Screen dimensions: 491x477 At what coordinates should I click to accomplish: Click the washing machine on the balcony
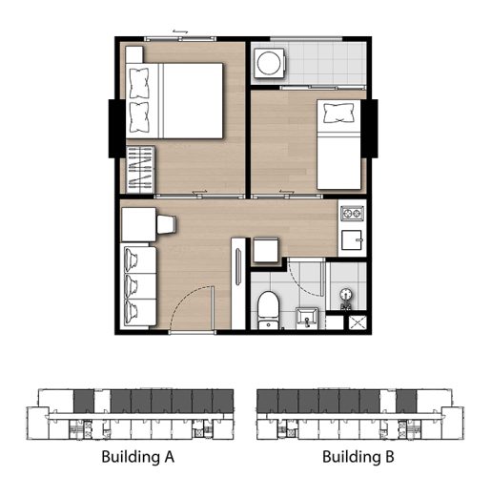point(269,62)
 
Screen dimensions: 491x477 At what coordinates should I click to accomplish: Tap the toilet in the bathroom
point(268,310)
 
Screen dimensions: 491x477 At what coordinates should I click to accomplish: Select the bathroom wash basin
point(307,318)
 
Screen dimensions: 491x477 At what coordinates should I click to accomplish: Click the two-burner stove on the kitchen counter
point(352,213)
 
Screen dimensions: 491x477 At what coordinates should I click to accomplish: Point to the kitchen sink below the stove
point(352,240)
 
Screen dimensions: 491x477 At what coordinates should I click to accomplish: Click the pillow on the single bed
point(338,114)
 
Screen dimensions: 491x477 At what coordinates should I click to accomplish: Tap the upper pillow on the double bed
point(139,83)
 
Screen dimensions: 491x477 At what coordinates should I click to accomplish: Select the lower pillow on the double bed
point(139,117)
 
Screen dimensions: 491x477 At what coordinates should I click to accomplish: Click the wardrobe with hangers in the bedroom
point(140,170)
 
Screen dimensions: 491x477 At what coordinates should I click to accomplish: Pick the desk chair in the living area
point(166,224)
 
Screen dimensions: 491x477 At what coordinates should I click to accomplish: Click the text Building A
point(138,457)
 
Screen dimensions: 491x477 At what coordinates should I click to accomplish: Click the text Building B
point(358,457)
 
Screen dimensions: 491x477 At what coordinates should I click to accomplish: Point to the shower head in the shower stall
point(346,295)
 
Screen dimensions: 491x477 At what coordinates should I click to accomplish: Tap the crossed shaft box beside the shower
point(358,322)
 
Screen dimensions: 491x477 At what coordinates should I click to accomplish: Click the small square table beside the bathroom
point(266,250)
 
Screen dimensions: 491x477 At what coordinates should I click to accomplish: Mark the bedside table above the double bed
point(134,54)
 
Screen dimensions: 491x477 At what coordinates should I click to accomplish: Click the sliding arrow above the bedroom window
point(180,31)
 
